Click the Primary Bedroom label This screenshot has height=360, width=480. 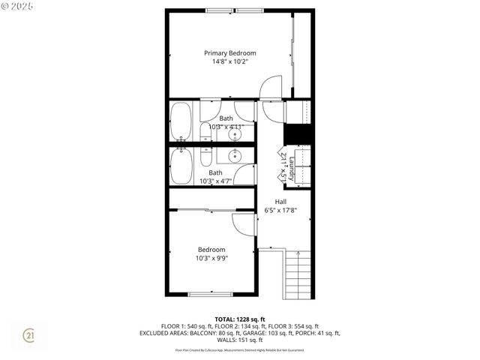(231, 53)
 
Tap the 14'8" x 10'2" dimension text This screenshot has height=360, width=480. (231, 61)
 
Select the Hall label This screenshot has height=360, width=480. (280, 202)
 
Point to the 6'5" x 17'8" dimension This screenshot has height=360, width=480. (280, 211)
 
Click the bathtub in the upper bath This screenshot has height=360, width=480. (181, 121)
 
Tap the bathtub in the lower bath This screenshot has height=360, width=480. (181, 166)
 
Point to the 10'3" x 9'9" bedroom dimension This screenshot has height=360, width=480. (212, 258)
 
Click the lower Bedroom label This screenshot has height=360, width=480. (211, 250)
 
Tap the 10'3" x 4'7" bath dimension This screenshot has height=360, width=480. (216, 181)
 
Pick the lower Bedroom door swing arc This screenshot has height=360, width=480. (244, 225)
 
